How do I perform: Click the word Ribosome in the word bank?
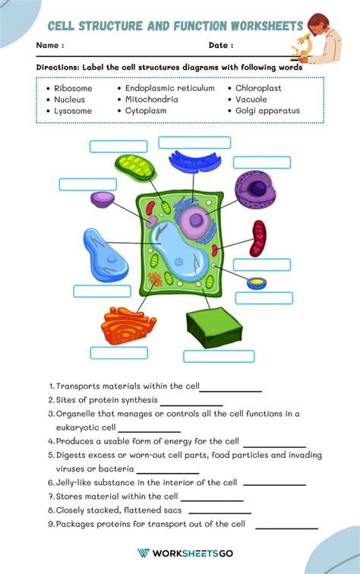tap(73, 88)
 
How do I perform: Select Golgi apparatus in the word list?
tap(267, 111)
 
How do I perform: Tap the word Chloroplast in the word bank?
tap(258, 88)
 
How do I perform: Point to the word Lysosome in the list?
tap(73, 111)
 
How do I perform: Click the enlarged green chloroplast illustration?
tap(135, 167)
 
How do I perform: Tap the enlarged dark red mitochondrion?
tap(257, 238)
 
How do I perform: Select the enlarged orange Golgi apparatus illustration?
tap(128, 326)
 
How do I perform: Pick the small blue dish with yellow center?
tap(257, 283)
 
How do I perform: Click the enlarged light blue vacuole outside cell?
tap(105, 255)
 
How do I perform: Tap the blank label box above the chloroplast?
tap(118, 147)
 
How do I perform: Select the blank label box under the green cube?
tap(219, 356)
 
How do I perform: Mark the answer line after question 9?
tap(287, 528)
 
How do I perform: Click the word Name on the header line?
tap(47, 46)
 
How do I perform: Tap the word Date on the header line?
tap(218, 46)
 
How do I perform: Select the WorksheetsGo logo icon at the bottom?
tap(144, 553)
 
